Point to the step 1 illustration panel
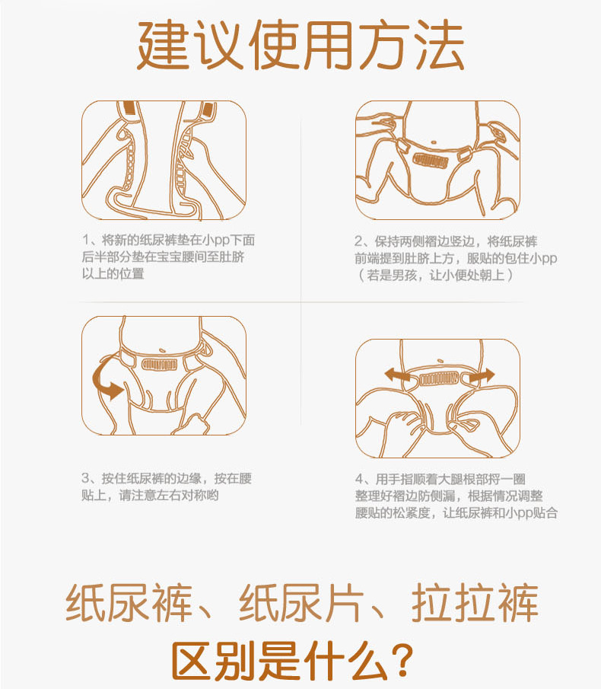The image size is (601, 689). (x=164, y=160)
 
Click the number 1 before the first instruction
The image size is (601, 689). (x=86, y=241)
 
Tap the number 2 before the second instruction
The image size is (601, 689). (x=360, y=241)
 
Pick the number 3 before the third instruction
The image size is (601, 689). (x=86, y=479)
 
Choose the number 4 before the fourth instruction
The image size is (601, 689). (x=360, y=479)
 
